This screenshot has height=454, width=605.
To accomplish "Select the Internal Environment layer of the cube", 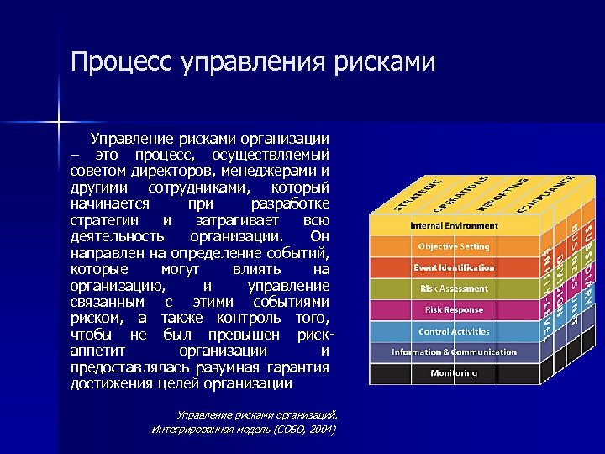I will [x=454, y=225].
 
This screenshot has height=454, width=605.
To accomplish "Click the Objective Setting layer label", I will [x=454, y=246].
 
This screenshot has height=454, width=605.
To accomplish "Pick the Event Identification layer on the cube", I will [x=454, y=267].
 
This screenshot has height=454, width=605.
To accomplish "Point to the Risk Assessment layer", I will [x=454, y=288].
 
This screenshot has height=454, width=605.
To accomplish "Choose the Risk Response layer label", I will [x=454, y=309].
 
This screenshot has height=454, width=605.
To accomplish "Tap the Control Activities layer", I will [x=454, y=331].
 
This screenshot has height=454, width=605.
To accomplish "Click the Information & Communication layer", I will [x=454, y=351].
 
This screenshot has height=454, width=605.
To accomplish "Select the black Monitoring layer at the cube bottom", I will [x=454, y=372].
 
